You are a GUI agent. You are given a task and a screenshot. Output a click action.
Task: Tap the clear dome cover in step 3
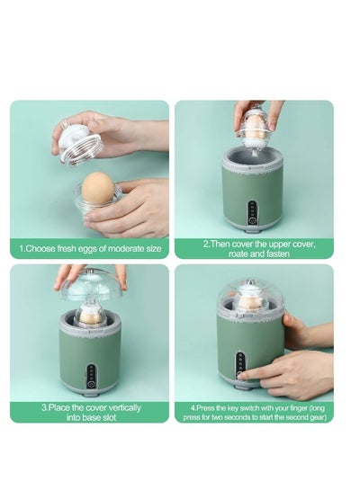90,288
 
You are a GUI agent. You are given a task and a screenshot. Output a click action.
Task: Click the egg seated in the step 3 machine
89,314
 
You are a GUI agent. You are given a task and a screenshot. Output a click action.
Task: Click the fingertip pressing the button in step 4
243,370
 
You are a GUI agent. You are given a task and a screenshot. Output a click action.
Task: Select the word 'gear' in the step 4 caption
313,418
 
